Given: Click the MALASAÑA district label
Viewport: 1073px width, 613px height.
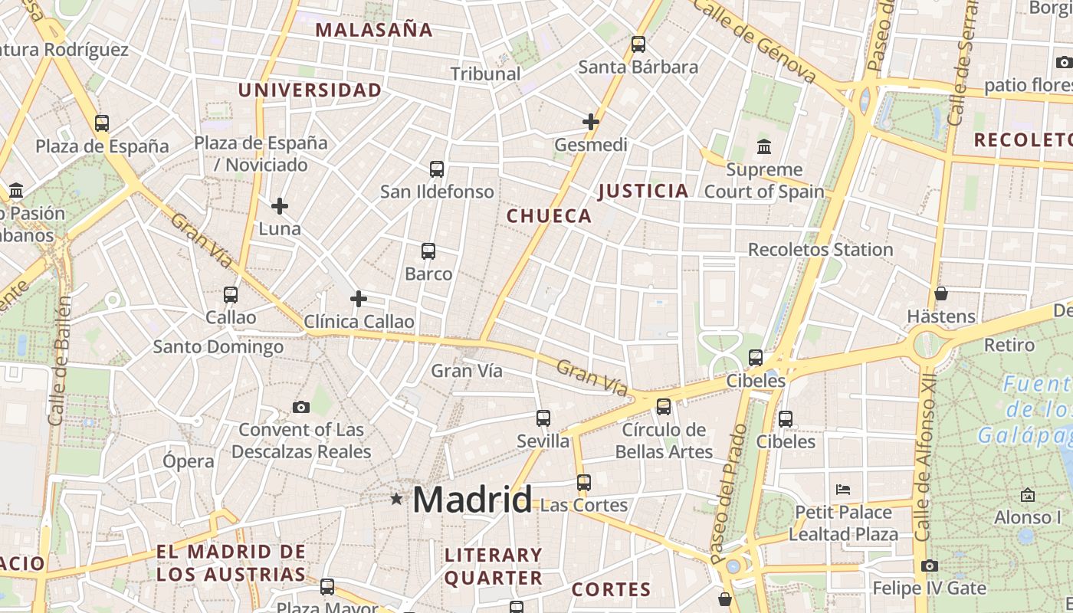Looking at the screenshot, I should point(374,30).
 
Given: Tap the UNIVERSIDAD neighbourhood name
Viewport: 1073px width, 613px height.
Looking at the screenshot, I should point(310,90).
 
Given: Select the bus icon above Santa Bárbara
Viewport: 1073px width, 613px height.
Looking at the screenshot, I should point(638,44).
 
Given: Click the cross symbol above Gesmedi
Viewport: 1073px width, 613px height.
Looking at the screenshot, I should point(591,121).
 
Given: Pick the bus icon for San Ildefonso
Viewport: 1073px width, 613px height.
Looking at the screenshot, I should point(437,169).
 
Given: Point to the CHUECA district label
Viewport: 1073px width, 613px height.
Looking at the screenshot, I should point(550,216).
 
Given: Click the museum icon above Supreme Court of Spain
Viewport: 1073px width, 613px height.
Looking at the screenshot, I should point(764,146).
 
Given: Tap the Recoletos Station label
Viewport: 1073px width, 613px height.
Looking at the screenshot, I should point(820,250).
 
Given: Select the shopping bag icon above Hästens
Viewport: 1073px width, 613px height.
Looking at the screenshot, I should point(941,293).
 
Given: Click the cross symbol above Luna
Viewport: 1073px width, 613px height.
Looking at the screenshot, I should point(280,205).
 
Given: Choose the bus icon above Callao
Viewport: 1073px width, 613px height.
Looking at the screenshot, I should point(231,294).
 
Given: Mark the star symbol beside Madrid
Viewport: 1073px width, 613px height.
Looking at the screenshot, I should point(396,500).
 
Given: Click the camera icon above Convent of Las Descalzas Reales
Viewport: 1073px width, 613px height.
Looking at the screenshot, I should point(301,407).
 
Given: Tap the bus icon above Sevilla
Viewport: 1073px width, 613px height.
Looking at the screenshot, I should point(543,418).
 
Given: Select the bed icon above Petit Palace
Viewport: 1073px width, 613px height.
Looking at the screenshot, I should point(843,489).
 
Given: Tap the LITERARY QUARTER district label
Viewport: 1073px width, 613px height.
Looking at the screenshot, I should point(494,566).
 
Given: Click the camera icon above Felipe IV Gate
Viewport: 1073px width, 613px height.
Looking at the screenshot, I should point(930,566).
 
